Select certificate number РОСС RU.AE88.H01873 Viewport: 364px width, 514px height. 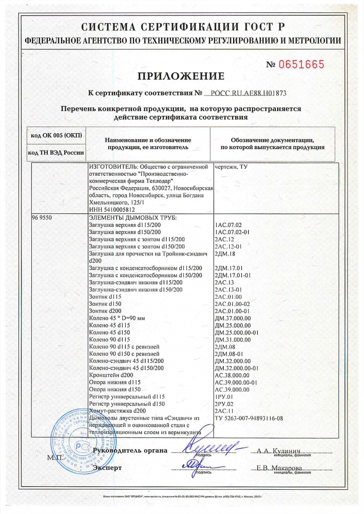253,94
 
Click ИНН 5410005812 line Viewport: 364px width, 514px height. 112,210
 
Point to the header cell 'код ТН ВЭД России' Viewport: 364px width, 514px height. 56,153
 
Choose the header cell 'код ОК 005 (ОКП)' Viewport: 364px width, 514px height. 56,135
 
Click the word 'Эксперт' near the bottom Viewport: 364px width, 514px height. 107,468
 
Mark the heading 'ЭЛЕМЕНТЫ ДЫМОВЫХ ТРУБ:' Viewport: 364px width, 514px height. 132,218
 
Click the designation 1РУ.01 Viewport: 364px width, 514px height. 224,397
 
